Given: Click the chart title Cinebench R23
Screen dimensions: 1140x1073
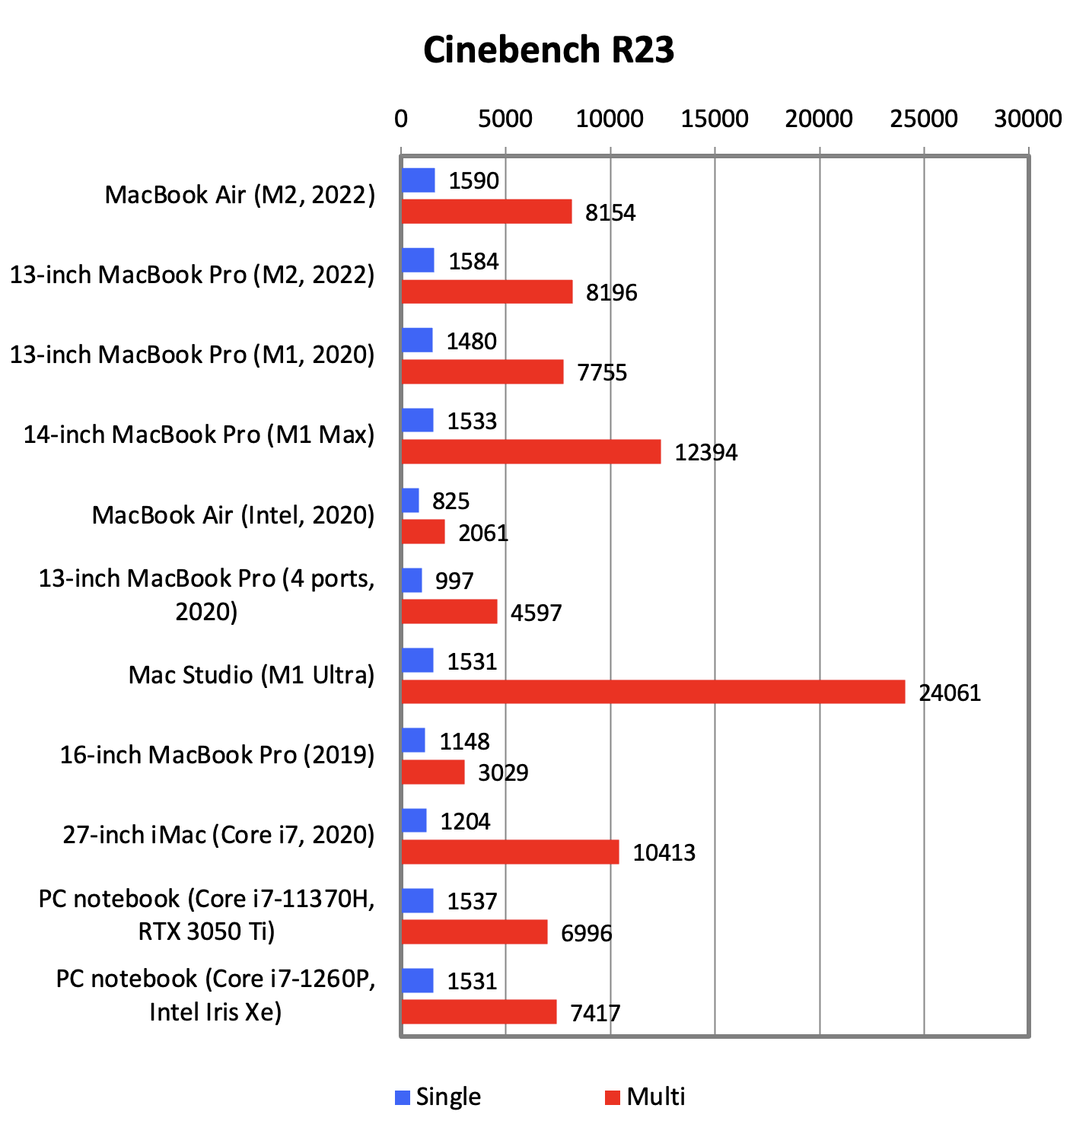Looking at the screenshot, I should [x=549, y=50].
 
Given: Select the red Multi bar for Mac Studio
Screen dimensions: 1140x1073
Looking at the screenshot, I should [x=653, y=692].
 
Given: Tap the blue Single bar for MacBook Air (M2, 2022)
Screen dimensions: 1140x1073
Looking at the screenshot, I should [x=418, y=180].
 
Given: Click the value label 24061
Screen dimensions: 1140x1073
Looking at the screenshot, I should [x=950, y=693].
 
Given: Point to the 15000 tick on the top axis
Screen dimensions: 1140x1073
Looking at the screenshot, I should [x=715, y=119].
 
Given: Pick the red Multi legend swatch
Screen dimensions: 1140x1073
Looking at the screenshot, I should [x=613, y=1097].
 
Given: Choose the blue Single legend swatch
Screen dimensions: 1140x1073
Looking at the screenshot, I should [x=403, y=1097].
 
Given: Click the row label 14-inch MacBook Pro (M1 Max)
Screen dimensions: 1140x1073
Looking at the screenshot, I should [x=199, y=435].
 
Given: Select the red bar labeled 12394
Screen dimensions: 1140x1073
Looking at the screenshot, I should [x=530, y=452].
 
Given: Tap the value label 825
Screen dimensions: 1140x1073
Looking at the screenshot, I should [x=451, y=501].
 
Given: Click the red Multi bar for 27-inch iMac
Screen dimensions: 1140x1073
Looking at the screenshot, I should [x=510, y=852].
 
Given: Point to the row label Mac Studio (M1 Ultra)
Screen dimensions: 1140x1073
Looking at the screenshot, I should [x=252, y=675].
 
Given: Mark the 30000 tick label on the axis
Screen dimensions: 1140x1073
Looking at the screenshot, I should [x=1028, y=119].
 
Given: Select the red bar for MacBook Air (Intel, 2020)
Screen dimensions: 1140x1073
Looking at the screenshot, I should [x=423, y=532].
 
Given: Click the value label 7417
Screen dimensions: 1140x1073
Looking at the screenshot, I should [x=595, y=1013].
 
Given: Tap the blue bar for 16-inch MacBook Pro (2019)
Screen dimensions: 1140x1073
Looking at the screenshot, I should [x=413, y=740].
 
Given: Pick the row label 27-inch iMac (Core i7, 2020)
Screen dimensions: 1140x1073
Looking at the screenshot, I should [x=219, y=835].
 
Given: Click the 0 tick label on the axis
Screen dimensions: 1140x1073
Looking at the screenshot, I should [x=401, y=119].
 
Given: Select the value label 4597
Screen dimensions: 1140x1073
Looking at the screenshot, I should [x=536, y=613].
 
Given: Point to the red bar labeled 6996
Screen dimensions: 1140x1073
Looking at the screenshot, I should [x=474, y=932].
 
